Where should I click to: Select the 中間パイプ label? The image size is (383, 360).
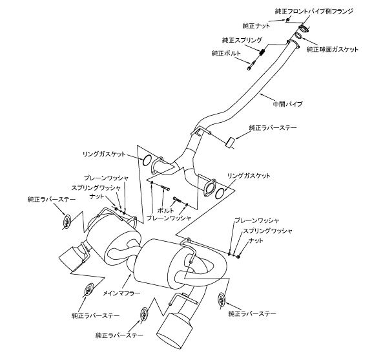pos(288,103)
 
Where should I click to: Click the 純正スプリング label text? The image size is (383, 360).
pos(238,39)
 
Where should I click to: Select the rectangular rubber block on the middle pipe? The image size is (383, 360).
pos(230,142)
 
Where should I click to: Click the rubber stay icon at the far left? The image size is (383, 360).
pos(67,223)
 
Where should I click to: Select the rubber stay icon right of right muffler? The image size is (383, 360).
pos(223,299)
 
